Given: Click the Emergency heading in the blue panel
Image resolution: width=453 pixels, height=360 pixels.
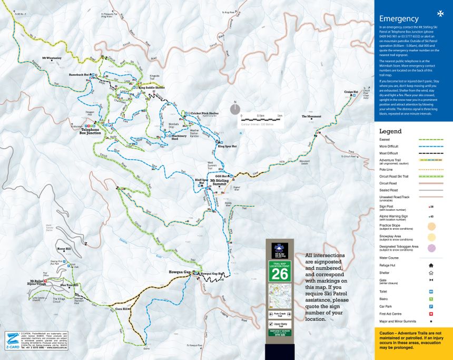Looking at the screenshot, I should point(398,18).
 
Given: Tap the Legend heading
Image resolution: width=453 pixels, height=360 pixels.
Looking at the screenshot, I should point(390,131).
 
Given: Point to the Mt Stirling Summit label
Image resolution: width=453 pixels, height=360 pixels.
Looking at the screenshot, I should point(222,182).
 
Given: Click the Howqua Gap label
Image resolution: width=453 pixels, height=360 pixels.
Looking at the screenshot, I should point(180,271).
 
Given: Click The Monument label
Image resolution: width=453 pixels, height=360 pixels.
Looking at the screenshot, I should point(311,116).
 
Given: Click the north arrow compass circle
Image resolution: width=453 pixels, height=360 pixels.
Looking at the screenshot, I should point(235,109).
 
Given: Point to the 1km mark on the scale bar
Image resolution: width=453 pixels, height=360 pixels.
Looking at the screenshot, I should point(280,115).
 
